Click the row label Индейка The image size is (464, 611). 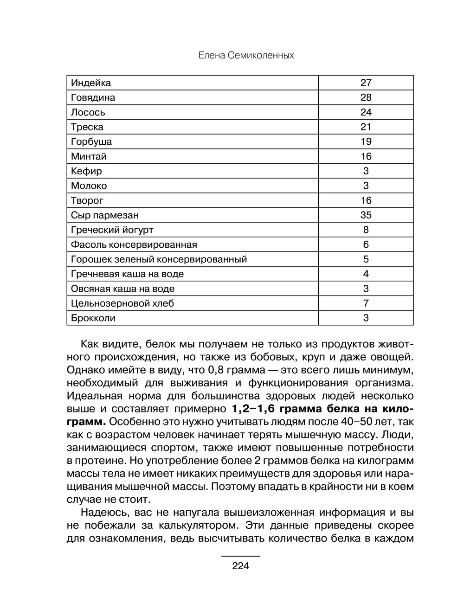[91, 83]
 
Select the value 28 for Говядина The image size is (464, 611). [366, 97]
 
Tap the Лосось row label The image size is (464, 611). [88, 112]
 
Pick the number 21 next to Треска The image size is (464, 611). [366, 127]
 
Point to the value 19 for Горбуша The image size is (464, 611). [366, 141]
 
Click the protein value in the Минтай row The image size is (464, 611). [366, 156]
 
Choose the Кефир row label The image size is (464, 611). [86, 171]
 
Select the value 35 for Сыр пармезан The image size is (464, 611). [366, 215]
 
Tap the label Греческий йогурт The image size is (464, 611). [112, 230]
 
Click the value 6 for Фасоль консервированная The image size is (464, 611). [366, 244]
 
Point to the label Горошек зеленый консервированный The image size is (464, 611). [159, 259]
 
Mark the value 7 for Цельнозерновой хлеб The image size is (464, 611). [366, 303]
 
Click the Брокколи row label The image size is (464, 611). [93, 318]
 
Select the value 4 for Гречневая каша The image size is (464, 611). [366, 274]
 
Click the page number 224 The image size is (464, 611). [240, 566]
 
